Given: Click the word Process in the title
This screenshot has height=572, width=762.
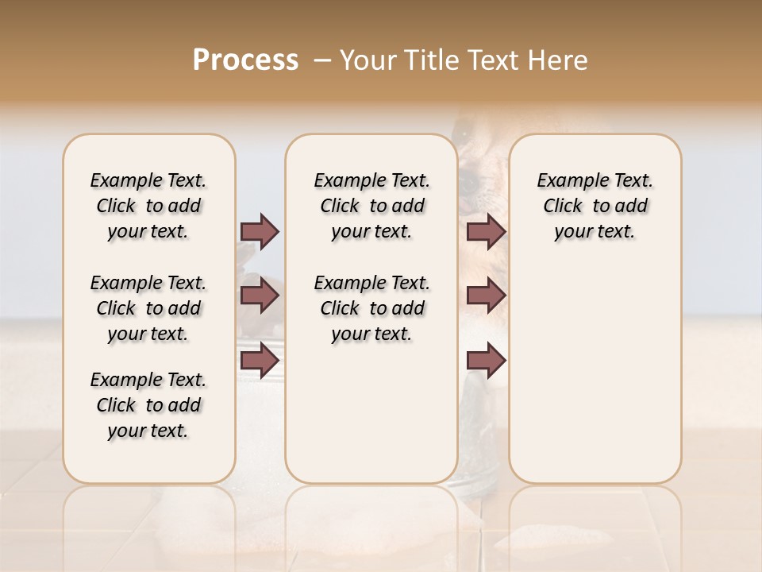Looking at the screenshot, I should (x=245, y=60).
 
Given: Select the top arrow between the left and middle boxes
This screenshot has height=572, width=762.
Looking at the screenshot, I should (x=260, y=231).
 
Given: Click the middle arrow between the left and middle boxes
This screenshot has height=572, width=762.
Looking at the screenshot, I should (x=260, y=296).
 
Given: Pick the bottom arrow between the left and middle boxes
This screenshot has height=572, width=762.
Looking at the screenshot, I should (x=260, y=360).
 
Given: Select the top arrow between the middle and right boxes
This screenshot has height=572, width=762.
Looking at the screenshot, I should (x=486, y=231).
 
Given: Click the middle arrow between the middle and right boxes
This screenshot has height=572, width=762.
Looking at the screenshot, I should (x=486, y=296).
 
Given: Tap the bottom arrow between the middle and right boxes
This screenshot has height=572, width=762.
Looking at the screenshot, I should (x=486, y=360).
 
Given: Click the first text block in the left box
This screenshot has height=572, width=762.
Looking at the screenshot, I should (x=148, y=206).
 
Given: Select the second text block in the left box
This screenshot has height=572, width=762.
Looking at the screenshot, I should (x=148, y=308).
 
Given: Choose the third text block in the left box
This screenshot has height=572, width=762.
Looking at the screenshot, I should (x=148, y=405).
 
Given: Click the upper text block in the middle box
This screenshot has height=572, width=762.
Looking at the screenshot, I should (x=371, y=206).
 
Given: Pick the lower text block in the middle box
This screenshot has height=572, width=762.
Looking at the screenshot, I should (x=371, y=308).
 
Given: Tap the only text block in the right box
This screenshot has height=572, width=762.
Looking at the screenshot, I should (x=595, y=206).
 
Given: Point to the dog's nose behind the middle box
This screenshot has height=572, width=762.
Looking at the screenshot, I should (x=470, y=184).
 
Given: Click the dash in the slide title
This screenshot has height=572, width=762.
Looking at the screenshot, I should (x=321, y=60).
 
